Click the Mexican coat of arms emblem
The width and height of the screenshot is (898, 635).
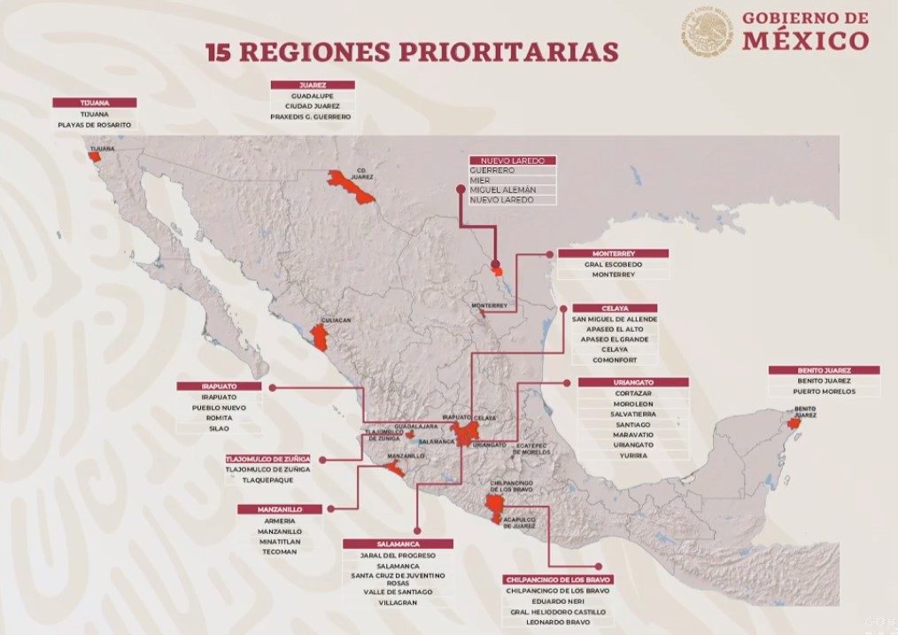pyautogui.click(x=708, y=34)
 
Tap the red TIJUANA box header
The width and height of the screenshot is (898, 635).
pyautogui.click(x=94, y=103)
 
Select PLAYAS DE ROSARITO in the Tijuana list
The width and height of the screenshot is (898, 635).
pyautogui.click(x=94, y=125)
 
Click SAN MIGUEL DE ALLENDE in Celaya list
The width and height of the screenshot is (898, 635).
pyautogui.click(x=615, y=319)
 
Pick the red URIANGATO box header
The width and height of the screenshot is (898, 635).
pyautogui.click(x=632, y=382)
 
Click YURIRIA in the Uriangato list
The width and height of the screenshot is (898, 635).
pyautogui.click(x=632, y=455)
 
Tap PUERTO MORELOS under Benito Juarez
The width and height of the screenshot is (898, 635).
pyautogui.click(x=824, y=391)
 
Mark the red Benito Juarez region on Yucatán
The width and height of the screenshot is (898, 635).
pyautogui.click(x=794, y=423)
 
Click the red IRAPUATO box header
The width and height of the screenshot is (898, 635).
pyautogui.click(x=219, y=387)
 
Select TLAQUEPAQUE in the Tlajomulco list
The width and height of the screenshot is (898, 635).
pyautogui.click(x=267, y=480)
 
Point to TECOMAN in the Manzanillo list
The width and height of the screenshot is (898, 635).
pyautogui.click(x=280, y=552)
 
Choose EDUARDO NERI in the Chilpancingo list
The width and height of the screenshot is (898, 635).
pyautogui.click(x=558, y=600)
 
